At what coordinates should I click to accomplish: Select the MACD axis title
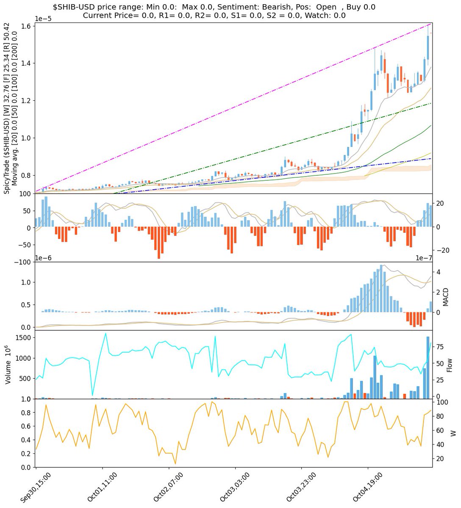(446, 296)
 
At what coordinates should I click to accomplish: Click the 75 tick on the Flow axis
(440, 346)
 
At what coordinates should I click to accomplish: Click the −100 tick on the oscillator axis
(22, 262)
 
